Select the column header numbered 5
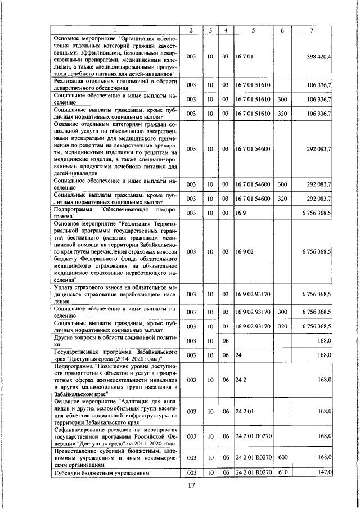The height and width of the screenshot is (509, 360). tap(254, 30)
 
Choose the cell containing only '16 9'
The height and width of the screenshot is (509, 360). tap(241, 213)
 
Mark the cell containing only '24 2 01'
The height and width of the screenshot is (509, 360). tap(245, 411)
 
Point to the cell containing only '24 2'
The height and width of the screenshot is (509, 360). tap(241, 380)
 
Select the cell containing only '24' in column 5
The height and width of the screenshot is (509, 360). tap(238, 355)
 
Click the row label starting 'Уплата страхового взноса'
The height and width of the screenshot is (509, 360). tap(116, 294)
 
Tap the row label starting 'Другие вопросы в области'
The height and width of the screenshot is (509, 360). tap(116, 340)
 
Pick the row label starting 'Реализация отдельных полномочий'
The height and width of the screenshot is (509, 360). tap(116, 85)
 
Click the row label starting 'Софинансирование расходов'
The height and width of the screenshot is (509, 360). tap(116, 436)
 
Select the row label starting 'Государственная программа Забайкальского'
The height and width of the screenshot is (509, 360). tap(116, 355)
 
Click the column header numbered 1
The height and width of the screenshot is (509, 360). tap(115, 30)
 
